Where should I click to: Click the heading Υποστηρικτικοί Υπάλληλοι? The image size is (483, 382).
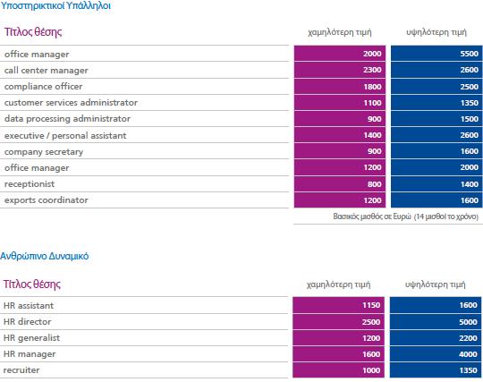point(55,6)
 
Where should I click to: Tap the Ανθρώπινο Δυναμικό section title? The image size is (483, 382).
point(45,256)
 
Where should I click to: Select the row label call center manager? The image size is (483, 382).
point(47,71)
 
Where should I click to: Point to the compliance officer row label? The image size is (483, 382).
point(44,86)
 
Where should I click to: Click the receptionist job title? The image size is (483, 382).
point(30,184)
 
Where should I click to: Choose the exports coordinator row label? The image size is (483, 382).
point(47,199)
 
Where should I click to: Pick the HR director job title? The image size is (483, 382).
point(27,322)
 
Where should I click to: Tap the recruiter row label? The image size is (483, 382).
point(21,370)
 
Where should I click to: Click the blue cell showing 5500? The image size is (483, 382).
point(436,54)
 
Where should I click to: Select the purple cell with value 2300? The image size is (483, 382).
point(340,70)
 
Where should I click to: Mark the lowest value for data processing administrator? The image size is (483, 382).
point(340,119)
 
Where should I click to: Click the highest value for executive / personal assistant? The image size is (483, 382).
point(436,135)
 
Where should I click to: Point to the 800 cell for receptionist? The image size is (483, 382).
point(340,184)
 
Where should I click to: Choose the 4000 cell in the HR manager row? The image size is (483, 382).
point(436,354)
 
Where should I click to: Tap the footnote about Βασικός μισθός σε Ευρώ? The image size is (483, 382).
point(406,216)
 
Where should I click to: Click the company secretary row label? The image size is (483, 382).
point(44,152)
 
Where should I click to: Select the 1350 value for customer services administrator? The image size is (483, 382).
point(436,103)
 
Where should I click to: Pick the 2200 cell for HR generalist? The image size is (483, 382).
point(436,338)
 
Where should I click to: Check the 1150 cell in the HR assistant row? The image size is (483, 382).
point(338,305)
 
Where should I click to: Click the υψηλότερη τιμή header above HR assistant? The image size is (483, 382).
point(435,284)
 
